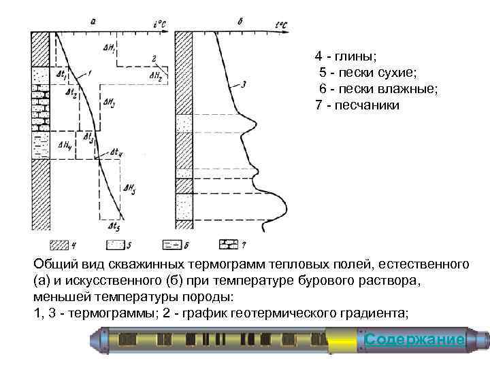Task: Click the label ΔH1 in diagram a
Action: tap(110, 48)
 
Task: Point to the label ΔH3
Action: tap(109, 103)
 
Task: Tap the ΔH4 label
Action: tap(66, 144)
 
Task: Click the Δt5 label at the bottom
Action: tap(114, 226)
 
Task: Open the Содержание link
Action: tap(414, 339)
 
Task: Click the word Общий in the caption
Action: tap(53, 263)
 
